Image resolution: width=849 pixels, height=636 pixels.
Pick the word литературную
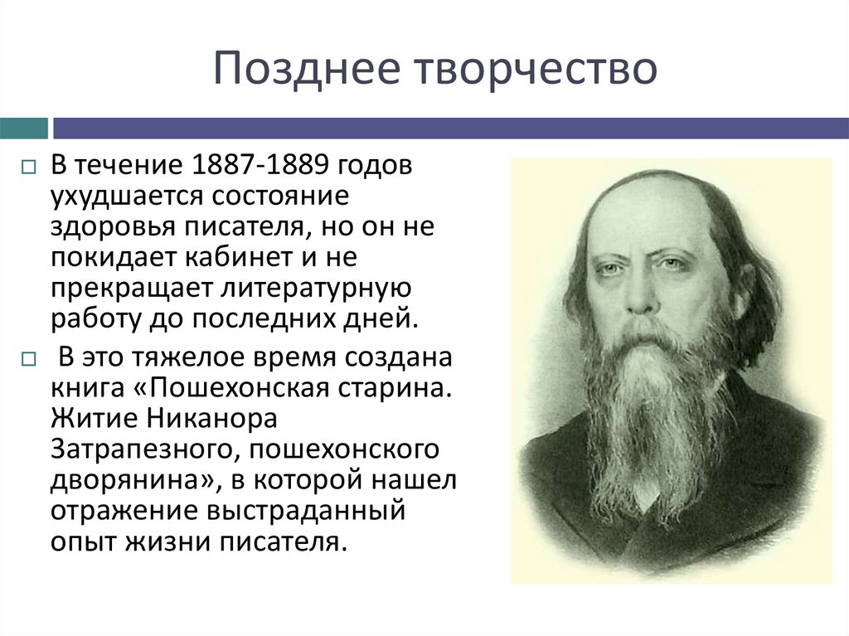point(307,289)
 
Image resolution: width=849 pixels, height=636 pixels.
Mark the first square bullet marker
point(27,166)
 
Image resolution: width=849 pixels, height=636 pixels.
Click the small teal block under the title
point(23,129)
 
